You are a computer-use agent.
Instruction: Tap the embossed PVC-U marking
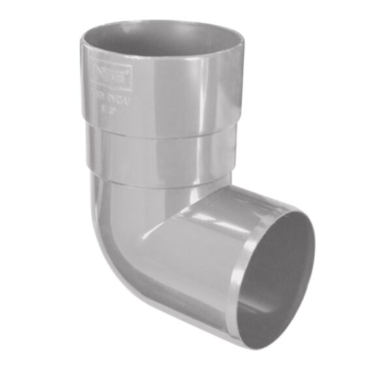pos(106,99)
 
